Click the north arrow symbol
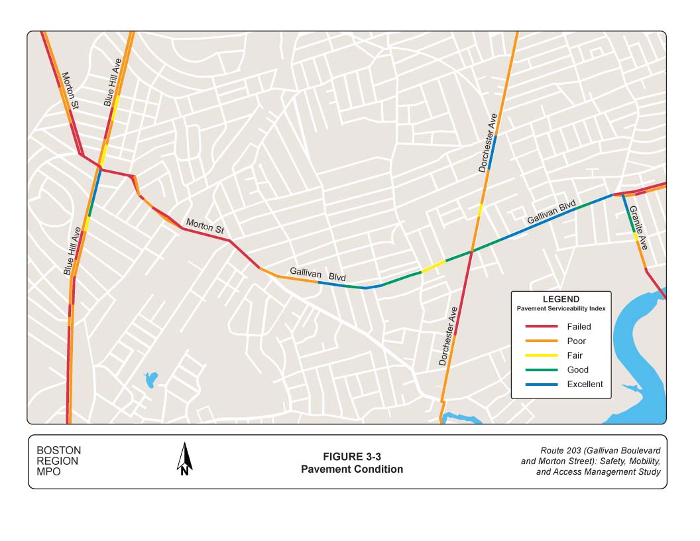(185, 460)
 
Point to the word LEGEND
(560, 300)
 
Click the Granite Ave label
(639, 227)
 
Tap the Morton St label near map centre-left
(204, 226)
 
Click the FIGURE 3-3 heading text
(352, 457)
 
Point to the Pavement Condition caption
(352, 469)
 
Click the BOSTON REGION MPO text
(58, 461)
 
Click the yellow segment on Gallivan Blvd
(434, 266)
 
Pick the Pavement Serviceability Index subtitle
(560, 310)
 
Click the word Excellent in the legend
(585, 385)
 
